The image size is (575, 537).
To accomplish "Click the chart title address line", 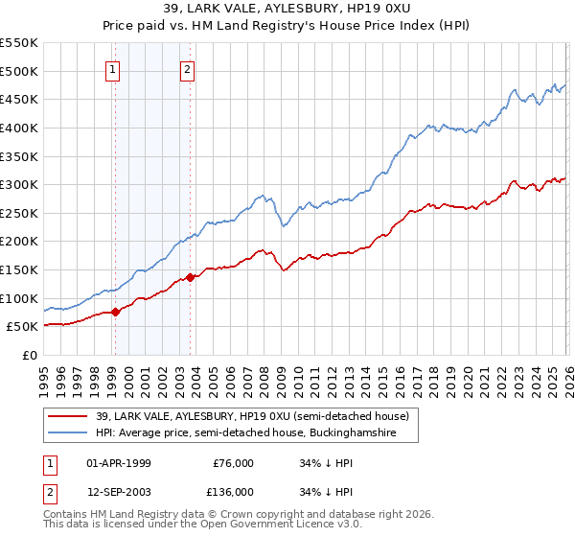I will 287,9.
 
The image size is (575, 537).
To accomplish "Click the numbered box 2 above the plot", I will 188,69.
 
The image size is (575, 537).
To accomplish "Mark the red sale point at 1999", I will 115,312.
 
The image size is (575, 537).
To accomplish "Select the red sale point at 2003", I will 191,277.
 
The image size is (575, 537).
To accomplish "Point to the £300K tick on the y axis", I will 19,184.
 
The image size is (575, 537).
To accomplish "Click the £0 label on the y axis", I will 29,355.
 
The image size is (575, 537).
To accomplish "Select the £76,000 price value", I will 234,463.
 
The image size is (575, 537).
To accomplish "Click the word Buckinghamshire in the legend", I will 371,433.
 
